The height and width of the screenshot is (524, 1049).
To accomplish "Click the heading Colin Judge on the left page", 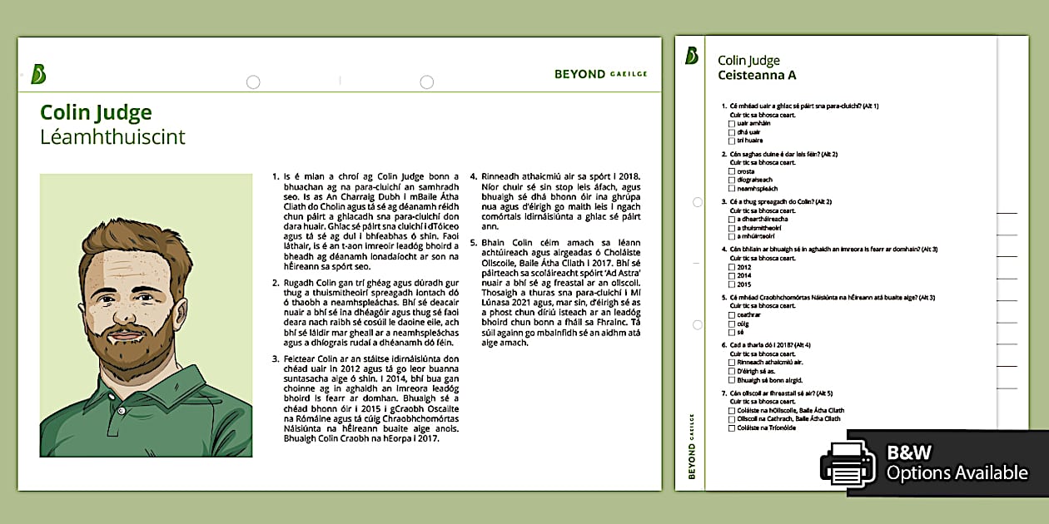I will click(x=96, y=113).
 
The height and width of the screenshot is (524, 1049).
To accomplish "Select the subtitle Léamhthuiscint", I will click(x=112, y=137).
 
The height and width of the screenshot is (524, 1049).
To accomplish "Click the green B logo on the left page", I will click(x=37, y=74).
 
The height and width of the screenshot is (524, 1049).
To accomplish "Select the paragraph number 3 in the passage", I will click(x=276, y=358).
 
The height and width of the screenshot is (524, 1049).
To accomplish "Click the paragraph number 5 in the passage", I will click(x=474, y=243).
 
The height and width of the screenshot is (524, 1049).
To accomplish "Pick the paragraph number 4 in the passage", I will click(x=474, y=176).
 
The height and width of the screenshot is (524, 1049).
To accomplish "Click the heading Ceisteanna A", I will click(x=757, y=75).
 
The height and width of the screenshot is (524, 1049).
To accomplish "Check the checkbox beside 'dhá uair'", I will click(x=732, y=132).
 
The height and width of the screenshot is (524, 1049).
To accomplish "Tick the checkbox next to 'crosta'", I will click(x=732, y=171).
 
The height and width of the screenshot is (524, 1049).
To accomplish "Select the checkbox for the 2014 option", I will click(x=732, y=275).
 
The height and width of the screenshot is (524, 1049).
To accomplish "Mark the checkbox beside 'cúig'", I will click(x=732, y=324).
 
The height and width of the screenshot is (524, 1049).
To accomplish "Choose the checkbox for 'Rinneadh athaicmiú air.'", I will click(x=732, y=363).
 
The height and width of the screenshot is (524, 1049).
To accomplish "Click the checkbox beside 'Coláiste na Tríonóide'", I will click(x=732, y=428).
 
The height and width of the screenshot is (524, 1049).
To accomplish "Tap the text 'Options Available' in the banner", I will click(x=957, y=473).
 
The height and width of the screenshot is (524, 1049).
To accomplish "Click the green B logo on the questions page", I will click(x=692, y=56).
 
